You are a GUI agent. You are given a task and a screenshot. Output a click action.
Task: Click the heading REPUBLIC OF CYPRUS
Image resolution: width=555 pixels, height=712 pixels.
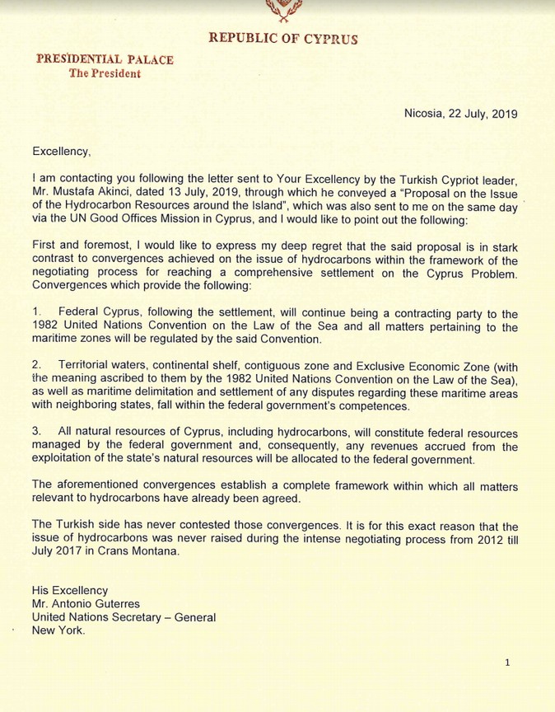click(x=282, y=38)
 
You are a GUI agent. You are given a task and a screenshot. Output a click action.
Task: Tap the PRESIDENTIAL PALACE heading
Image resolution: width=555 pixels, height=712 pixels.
click(x=105, y=59)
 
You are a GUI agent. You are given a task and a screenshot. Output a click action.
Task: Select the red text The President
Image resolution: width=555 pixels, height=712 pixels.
click(x=105, y=73)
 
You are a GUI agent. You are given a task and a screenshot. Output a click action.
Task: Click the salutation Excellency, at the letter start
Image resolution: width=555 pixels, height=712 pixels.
click(x=62, y=151)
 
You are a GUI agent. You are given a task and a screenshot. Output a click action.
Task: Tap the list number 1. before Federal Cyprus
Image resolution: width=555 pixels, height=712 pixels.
click(x=36, y=313)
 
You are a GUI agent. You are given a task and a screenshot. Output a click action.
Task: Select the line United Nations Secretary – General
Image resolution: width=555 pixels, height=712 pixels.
click(x=124, y=617)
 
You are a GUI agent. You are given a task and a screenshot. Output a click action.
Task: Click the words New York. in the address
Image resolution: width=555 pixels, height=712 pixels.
click(x=58, y=630)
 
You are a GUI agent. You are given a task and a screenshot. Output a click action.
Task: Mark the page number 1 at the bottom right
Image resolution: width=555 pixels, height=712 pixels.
click(x=507, y=663)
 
